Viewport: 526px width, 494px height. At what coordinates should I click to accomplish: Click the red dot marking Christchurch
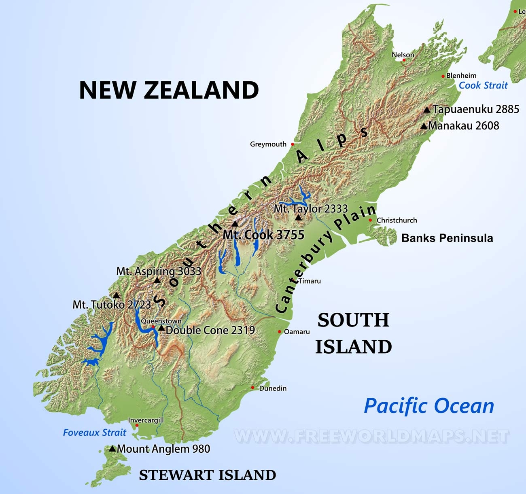point(370,220)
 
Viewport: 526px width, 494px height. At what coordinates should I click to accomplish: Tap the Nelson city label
point(403,55)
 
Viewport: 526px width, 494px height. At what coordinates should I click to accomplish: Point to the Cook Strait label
point(483,85)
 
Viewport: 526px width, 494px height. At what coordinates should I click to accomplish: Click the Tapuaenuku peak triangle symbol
point(427,110)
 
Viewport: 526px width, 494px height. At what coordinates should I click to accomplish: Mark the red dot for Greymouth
point(293,144)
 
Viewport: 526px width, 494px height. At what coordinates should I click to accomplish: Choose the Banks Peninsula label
point(447,238)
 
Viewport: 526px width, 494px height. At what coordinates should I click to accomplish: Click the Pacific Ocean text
point(429,405)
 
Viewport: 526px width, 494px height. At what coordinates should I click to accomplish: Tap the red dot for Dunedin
point(252,388)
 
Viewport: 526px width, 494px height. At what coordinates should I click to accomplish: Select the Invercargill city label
point(146,420)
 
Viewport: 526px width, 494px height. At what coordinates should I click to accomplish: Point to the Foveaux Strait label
point(95,432)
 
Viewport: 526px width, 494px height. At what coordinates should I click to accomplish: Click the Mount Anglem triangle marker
point(112,449)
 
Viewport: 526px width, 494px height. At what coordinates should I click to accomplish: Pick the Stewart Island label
point(207,475)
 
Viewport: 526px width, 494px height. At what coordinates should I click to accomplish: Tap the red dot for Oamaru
point(280,332)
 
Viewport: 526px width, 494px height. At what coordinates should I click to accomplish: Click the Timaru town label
point(310,281)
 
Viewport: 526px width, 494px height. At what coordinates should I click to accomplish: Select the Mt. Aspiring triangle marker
point(157,280)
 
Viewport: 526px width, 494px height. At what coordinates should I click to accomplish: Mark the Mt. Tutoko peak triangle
point(117,295)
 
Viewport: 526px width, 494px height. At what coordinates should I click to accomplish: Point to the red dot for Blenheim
point(443,76)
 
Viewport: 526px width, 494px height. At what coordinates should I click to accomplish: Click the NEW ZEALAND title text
point(169,90)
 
